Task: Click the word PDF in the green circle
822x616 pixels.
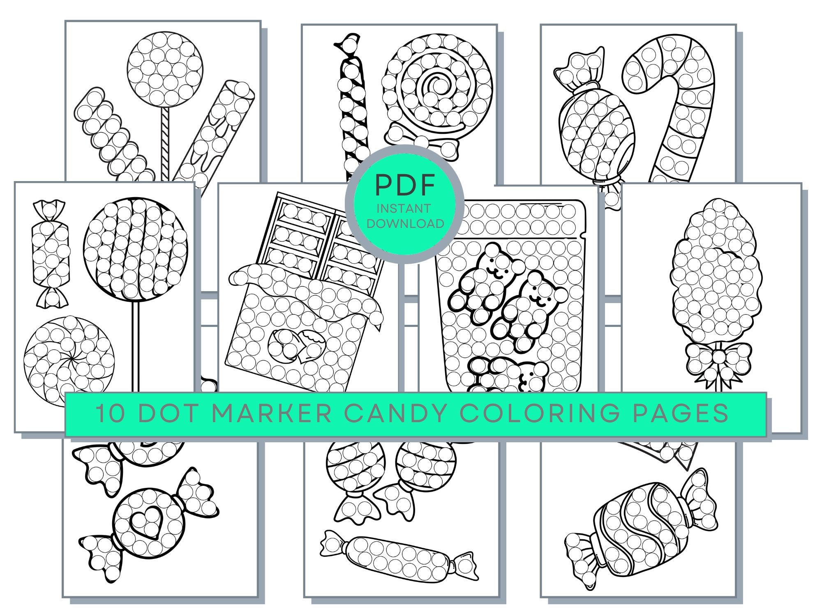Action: pos(405,185)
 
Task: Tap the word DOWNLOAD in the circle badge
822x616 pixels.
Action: pos(405,224)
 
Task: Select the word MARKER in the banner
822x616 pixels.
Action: pos(271,413)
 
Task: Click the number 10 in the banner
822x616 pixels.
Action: pos(111,413)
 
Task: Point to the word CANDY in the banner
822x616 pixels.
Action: pos(395,413)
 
